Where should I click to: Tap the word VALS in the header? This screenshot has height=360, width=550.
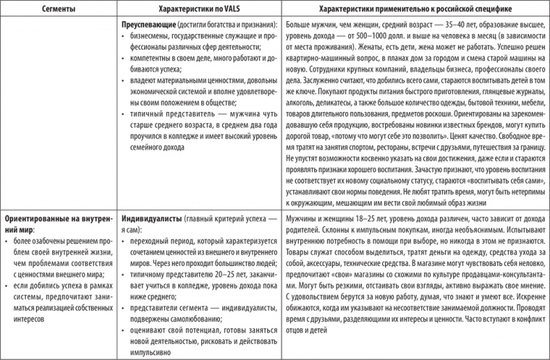223,10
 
